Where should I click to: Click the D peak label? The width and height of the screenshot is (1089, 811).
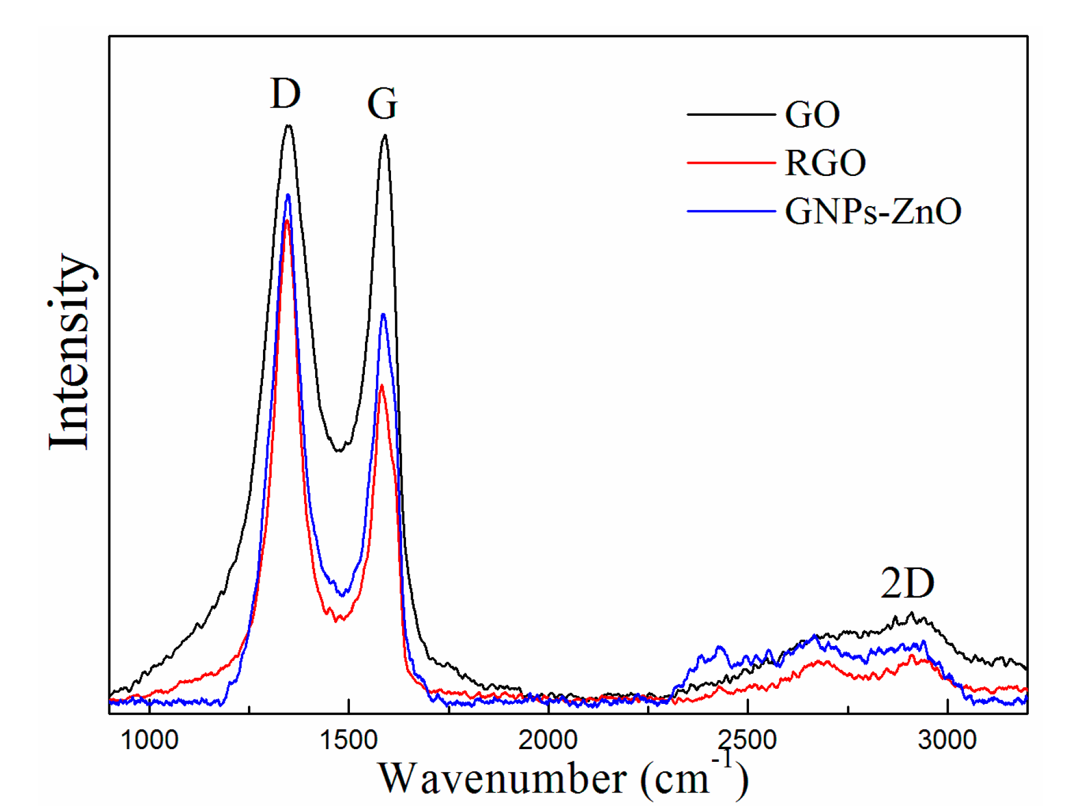286,94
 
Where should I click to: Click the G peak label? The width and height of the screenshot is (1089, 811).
382,104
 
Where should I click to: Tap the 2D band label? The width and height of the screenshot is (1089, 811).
907,583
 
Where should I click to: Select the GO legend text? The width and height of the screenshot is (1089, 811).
812,115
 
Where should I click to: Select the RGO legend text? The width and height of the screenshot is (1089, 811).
825,163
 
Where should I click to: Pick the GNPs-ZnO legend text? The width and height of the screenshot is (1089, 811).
872,211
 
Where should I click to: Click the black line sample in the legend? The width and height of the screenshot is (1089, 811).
731,115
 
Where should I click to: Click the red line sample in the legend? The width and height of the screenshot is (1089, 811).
731,163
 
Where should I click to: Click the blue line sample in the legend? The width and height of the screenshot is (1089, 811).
731,211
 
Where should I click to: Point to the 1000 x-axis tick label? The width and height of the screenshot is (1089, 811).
149,740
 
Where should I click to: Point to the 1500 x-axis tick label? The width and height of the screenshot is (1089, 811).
349,740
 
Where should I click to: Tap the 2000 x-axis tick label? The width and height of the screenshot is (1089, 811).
548,740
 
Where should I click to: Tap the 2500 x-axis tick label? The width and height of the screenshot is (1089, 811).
747,740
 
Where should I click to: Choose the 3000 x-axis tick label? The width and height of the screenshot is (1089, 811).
947,740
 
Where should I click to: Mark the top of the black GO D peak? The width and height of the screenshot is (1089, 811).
288,126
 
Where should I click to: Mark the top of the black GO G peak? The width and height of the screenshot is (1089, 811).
385,136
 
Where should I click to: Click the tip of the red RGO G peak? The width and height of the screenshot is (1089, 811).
381,386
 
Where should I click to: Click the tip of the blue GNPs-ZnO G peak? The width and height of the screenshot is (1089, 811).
383,314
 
